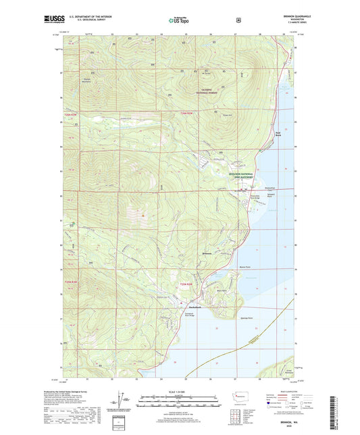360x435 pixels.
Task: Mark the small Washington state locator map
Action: [240, 396]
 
